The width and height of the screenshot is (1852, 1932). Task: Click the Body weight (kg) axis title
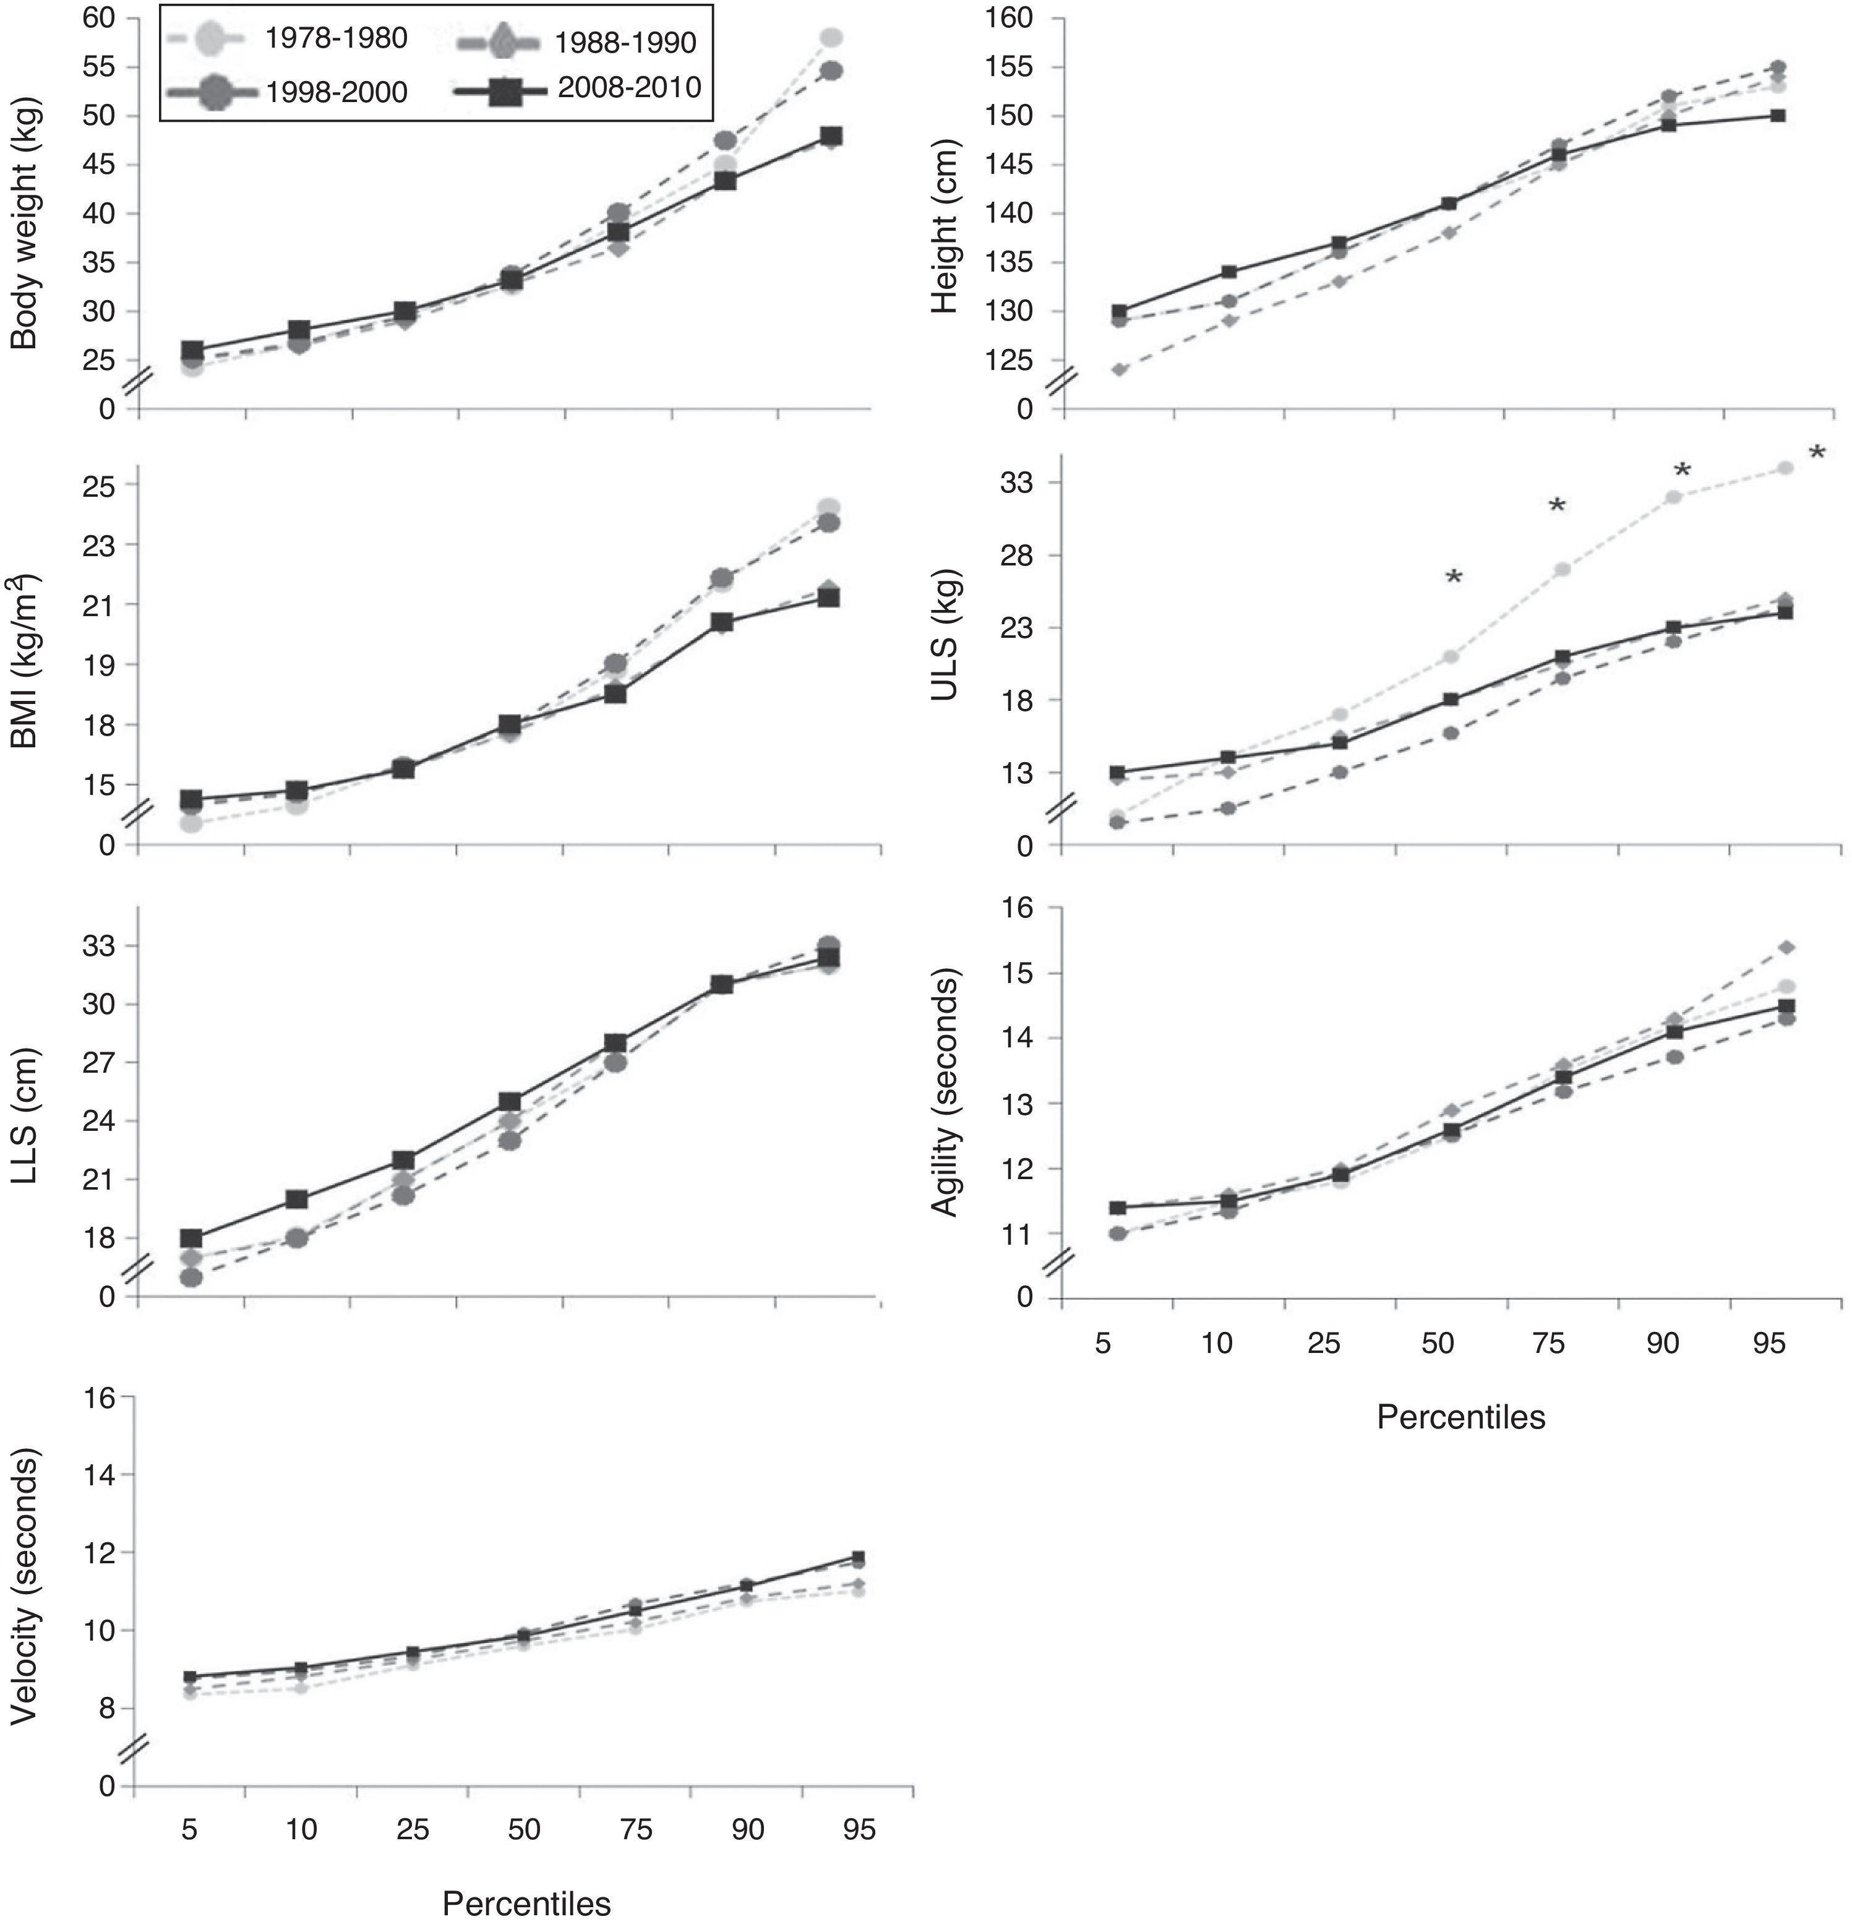coord(25,222)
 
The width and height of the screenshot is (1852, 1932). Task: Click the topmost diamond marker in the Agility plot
coord(1785,947)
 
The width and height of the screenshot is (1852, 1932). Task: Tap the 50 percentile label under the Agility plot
coord(1438,1344)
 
